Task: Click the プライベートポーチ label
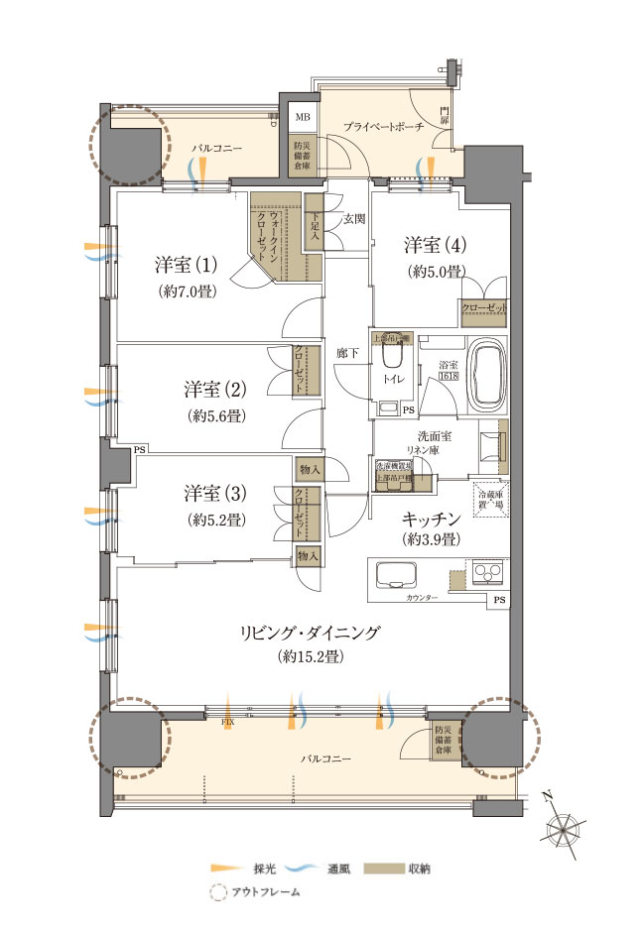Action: click(x=384, y=127)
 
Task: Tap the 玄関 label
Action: click(x=354, y=219)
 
